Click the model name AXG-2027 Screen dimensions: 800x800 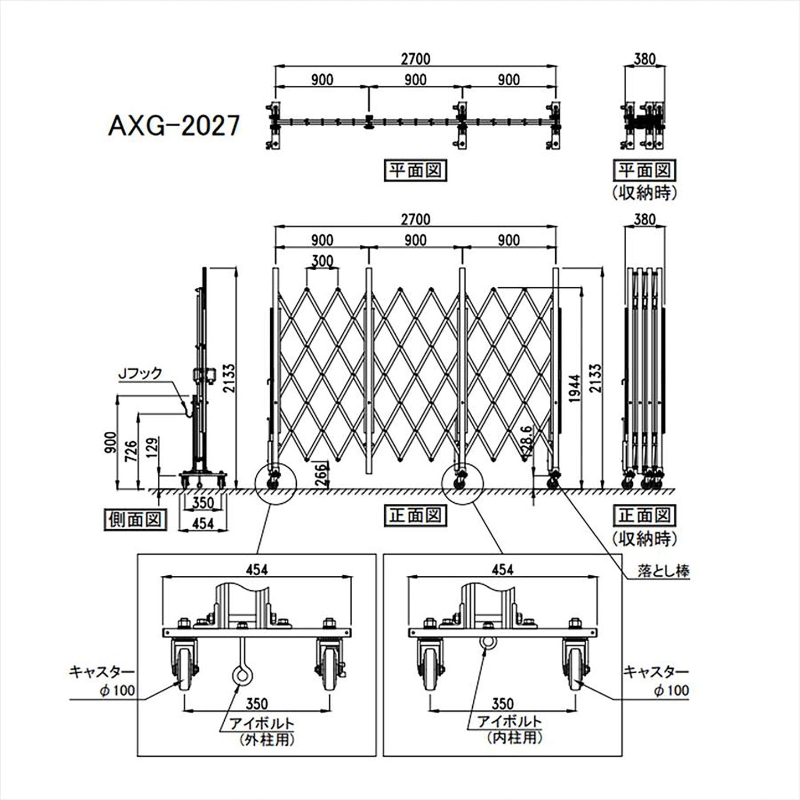(x=173, y=126)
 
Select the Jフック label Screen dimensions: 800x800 (x=140, y=373)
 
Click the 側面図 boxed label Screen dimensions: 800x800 (x=135, y=519)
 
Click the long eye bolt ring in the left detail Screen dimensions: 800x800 (x=240, y=675)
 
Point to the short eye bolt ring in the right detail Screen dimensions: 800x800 (x=487, y=643)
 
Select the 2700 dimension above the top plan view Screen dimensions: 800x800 (x=416, y=58)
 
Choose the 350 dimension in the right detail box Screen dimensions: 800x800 (x=502, y=703)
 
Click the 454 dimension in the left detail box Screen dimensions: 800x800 (x=257, y=569)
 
